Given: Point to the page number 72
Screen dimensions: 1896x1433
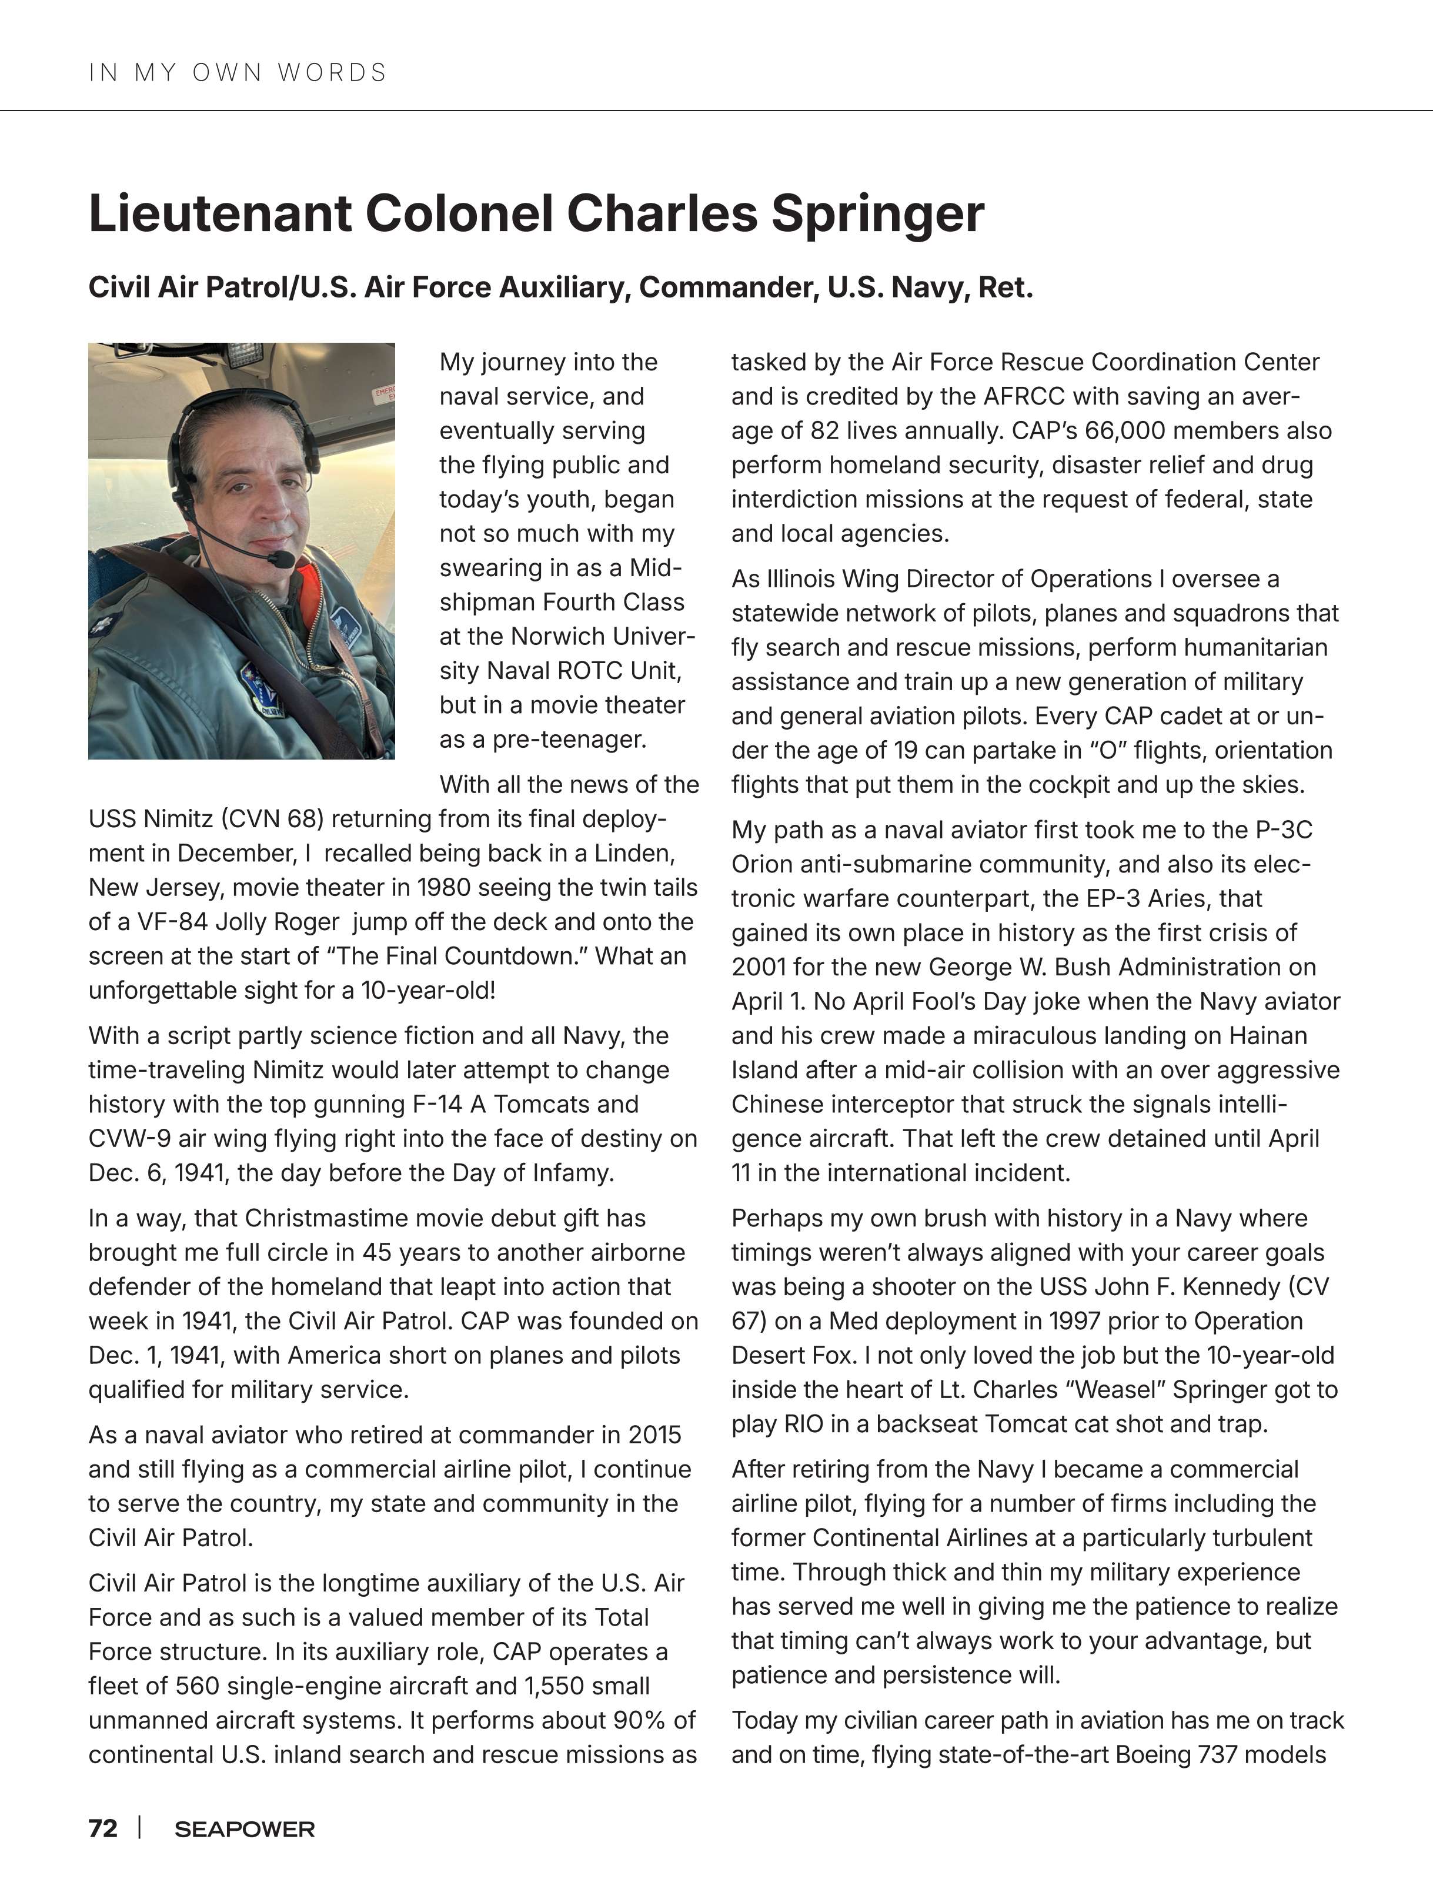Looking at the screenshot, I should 103,1828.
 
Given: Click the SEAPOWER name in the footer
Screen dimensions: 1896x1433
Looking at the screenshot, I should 244,1829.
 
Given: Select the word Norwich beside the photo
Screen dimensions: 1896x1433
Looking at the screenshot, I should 555,636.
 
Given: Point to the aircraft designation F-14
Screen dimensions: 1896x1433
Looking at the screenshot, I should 440,1104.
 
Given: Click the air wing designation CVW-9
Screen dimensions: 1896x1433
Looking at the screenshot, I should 129,1138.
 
